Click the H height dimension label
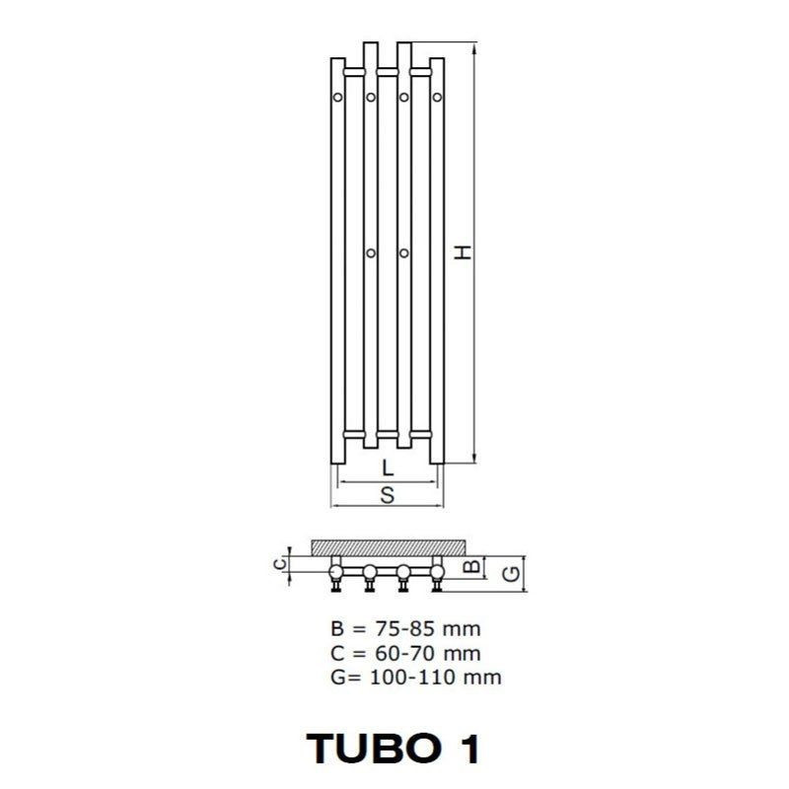pos(463,252)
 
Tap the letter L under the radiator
pos(388,467)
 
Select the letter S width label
pos(388,495)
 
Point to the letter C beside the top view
pos(280,564)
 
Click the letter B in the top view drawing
pos(471,566)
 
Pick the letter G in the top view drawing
pos(512,574)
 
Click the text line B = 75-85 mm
pos(405,628)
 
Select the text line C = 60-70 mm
pos(405,653)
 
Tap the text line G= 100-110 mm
pos(415,678)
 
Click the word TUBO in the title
pos(373,749)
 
